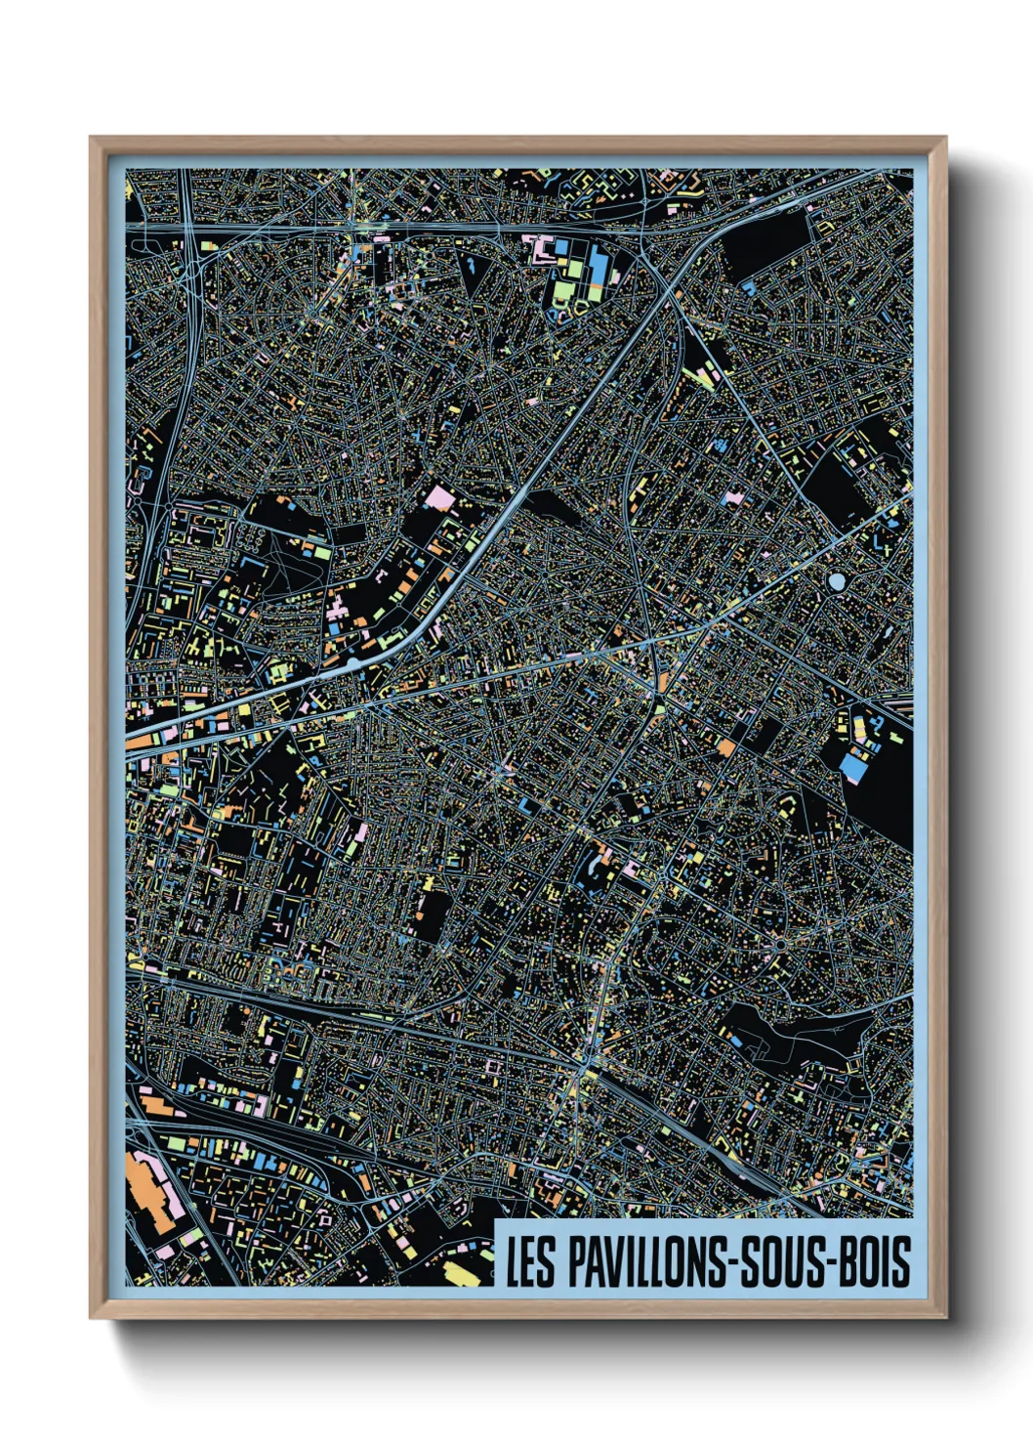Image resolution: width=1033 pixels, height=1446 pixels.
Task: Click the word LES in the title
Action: click(x=530, y=1261)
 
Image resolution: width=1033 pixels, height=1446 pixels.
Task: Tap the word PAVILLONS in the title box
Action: click(x=646, y=1261)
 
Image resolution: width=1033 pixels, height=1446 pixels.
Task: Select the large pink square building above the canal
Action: click(x=440, y=498)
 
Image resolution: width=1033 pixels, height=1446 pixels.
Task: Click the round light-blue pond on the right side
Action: click(x=837, y=582)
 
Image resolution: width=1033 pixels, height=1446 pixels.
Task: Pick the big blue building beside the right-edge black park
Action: click(x=853, y=769)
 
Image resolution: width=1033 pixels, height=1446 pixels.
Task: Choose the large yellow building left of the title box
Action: click(x=459, y=1271)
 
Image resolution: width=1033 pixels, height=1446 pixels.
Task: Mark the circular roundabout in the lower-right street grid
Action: click(x=781, y=945)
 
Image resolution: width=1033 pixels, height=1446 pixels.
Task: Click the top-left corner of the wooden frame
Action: click(x=92, y=139)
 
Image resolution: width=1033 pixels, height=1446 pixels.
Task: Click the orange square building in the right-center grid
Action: click(x=726, y=747)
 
